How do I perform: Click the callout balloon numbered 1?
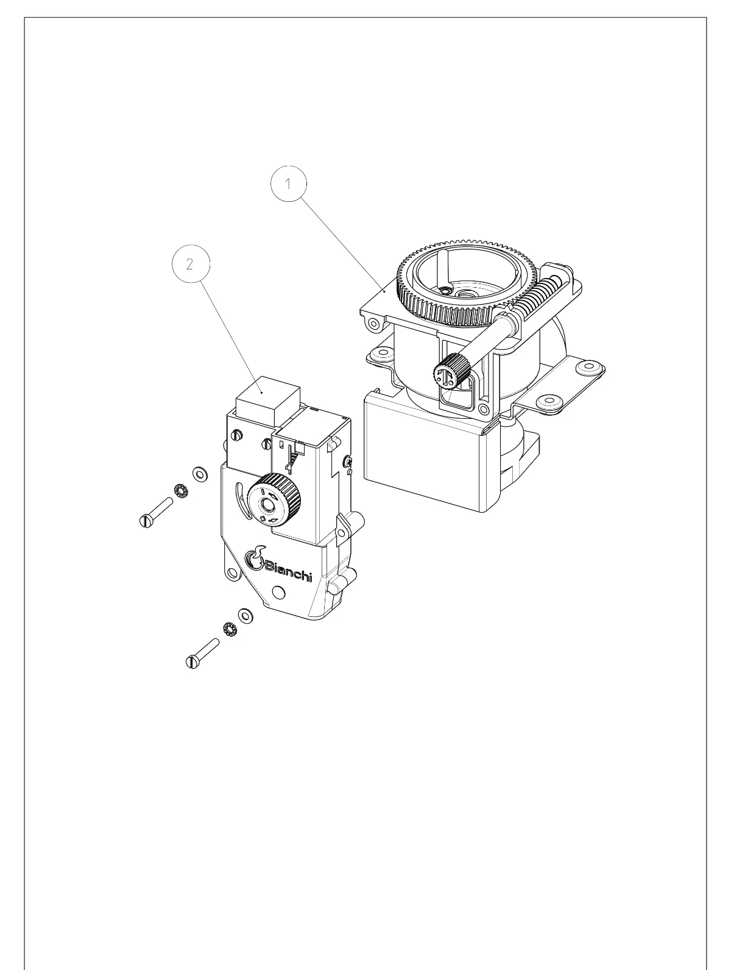click(x=288, y=184)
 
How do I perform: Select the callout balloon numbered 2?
click(x=190, y=264)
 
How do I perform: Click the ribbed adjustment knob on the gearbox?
click(x=274, y=499)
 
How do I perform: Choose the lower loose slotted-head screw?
click(x=203, y=653)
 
